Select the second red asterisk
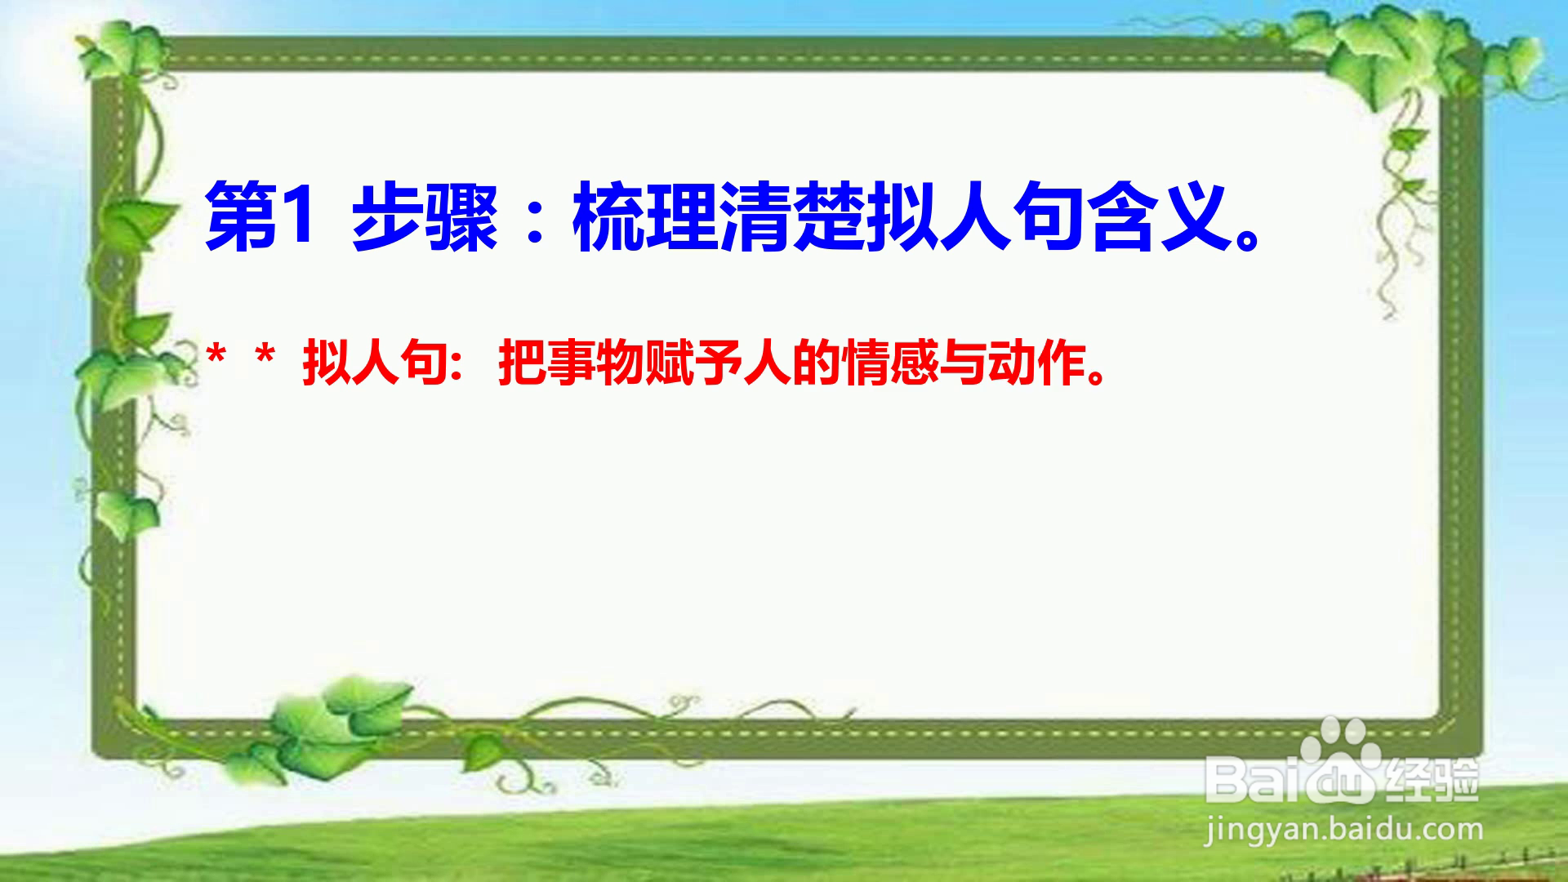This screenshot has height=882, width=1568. pyautogui.click(x=265, y=356)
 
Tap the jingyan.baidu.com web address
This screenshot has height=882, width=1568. pyautogui.click(x=1344, y=830)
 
